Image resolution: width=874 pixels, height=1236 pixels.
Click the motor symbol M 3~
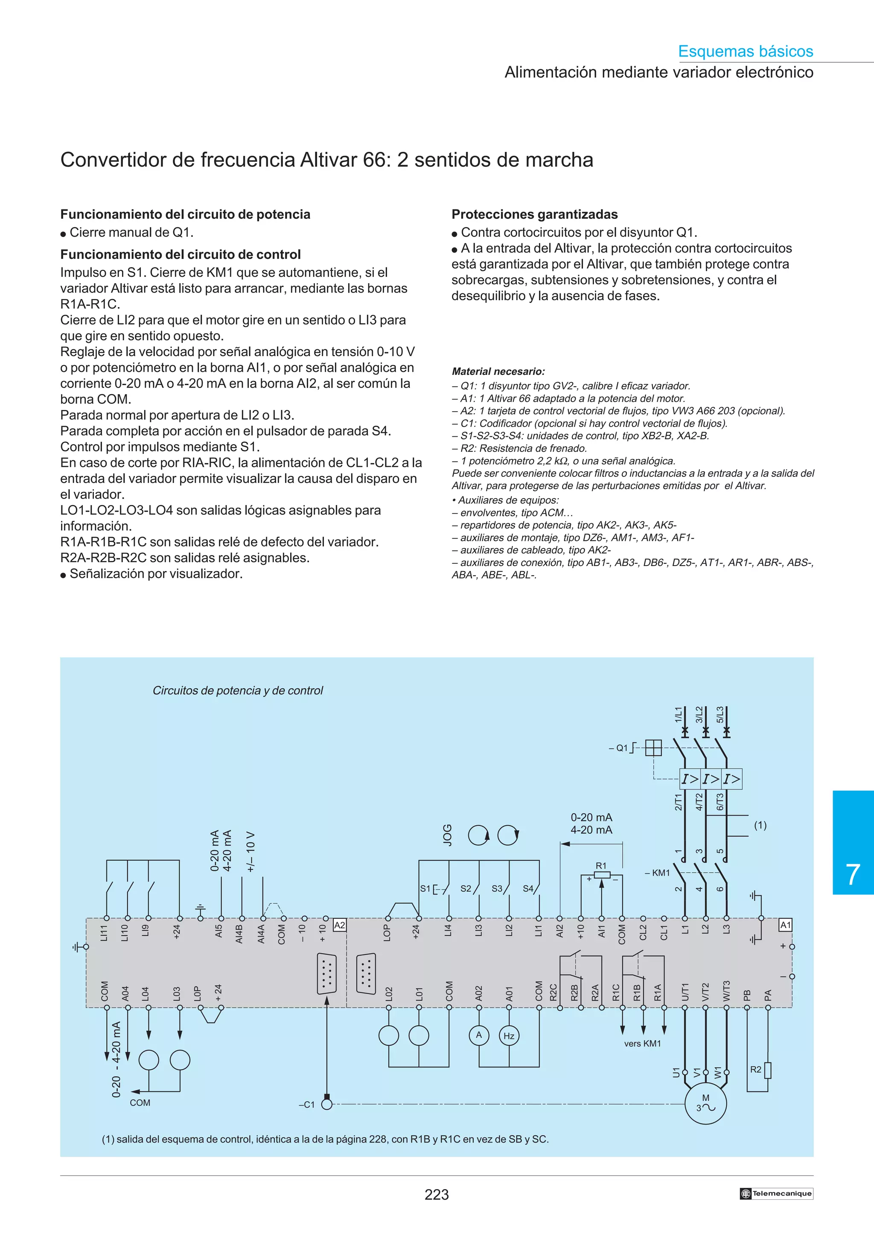(x=705, y=1104)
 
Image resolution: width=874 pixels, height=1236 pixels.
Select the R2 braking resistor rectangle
(x=767, y=1070)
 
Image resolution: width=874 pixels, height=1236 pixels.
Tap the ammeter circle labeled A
(x=479, y=1035)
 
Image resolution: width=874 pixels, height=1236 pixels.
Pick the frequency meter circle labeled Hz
(x=509, y=1036)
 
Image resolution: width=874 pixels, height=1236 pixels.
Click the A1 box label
(x=786, y=925)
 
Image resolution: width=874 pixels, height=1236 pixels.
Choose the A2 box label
(x=339, y=925)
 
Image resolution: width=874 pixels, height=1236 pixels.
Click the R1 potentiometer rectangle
(x=601, y=875)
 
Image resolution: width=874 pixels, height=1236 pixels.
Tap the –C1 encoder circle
(x=326, y=1104)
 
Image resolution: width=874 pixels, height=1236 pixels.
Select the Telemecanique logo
(x=776, y=1193)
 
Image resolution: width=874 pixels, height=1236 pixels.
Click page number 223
(x=436, y=1195)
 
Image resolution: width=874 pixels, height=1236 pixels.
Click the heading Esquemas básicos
(x=745, y=51)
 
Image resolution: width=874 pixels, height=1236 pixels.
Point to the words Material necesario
(x=498, y=371)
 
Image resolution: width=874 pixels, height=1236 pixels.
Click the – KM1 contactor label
(x=658, y=873)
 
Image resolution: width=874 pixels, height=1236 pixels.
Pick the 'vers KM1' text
(x=642, y=1043)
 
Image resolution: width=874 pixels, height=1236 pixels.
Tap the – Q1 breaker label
(x=619, y=748)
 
